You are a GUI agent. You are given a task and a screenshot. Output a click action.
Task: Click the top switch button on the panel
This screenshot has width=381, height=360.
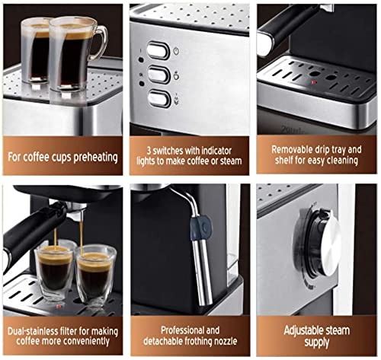tap(158, 50)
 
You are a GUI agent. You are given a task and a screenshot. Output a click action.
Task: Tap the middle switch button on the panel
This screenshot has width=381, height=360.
tap(158, 75)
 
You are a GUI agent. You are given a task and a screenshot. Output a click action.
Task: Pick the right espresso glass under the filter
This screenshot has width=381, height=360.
tap(95, 271)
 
